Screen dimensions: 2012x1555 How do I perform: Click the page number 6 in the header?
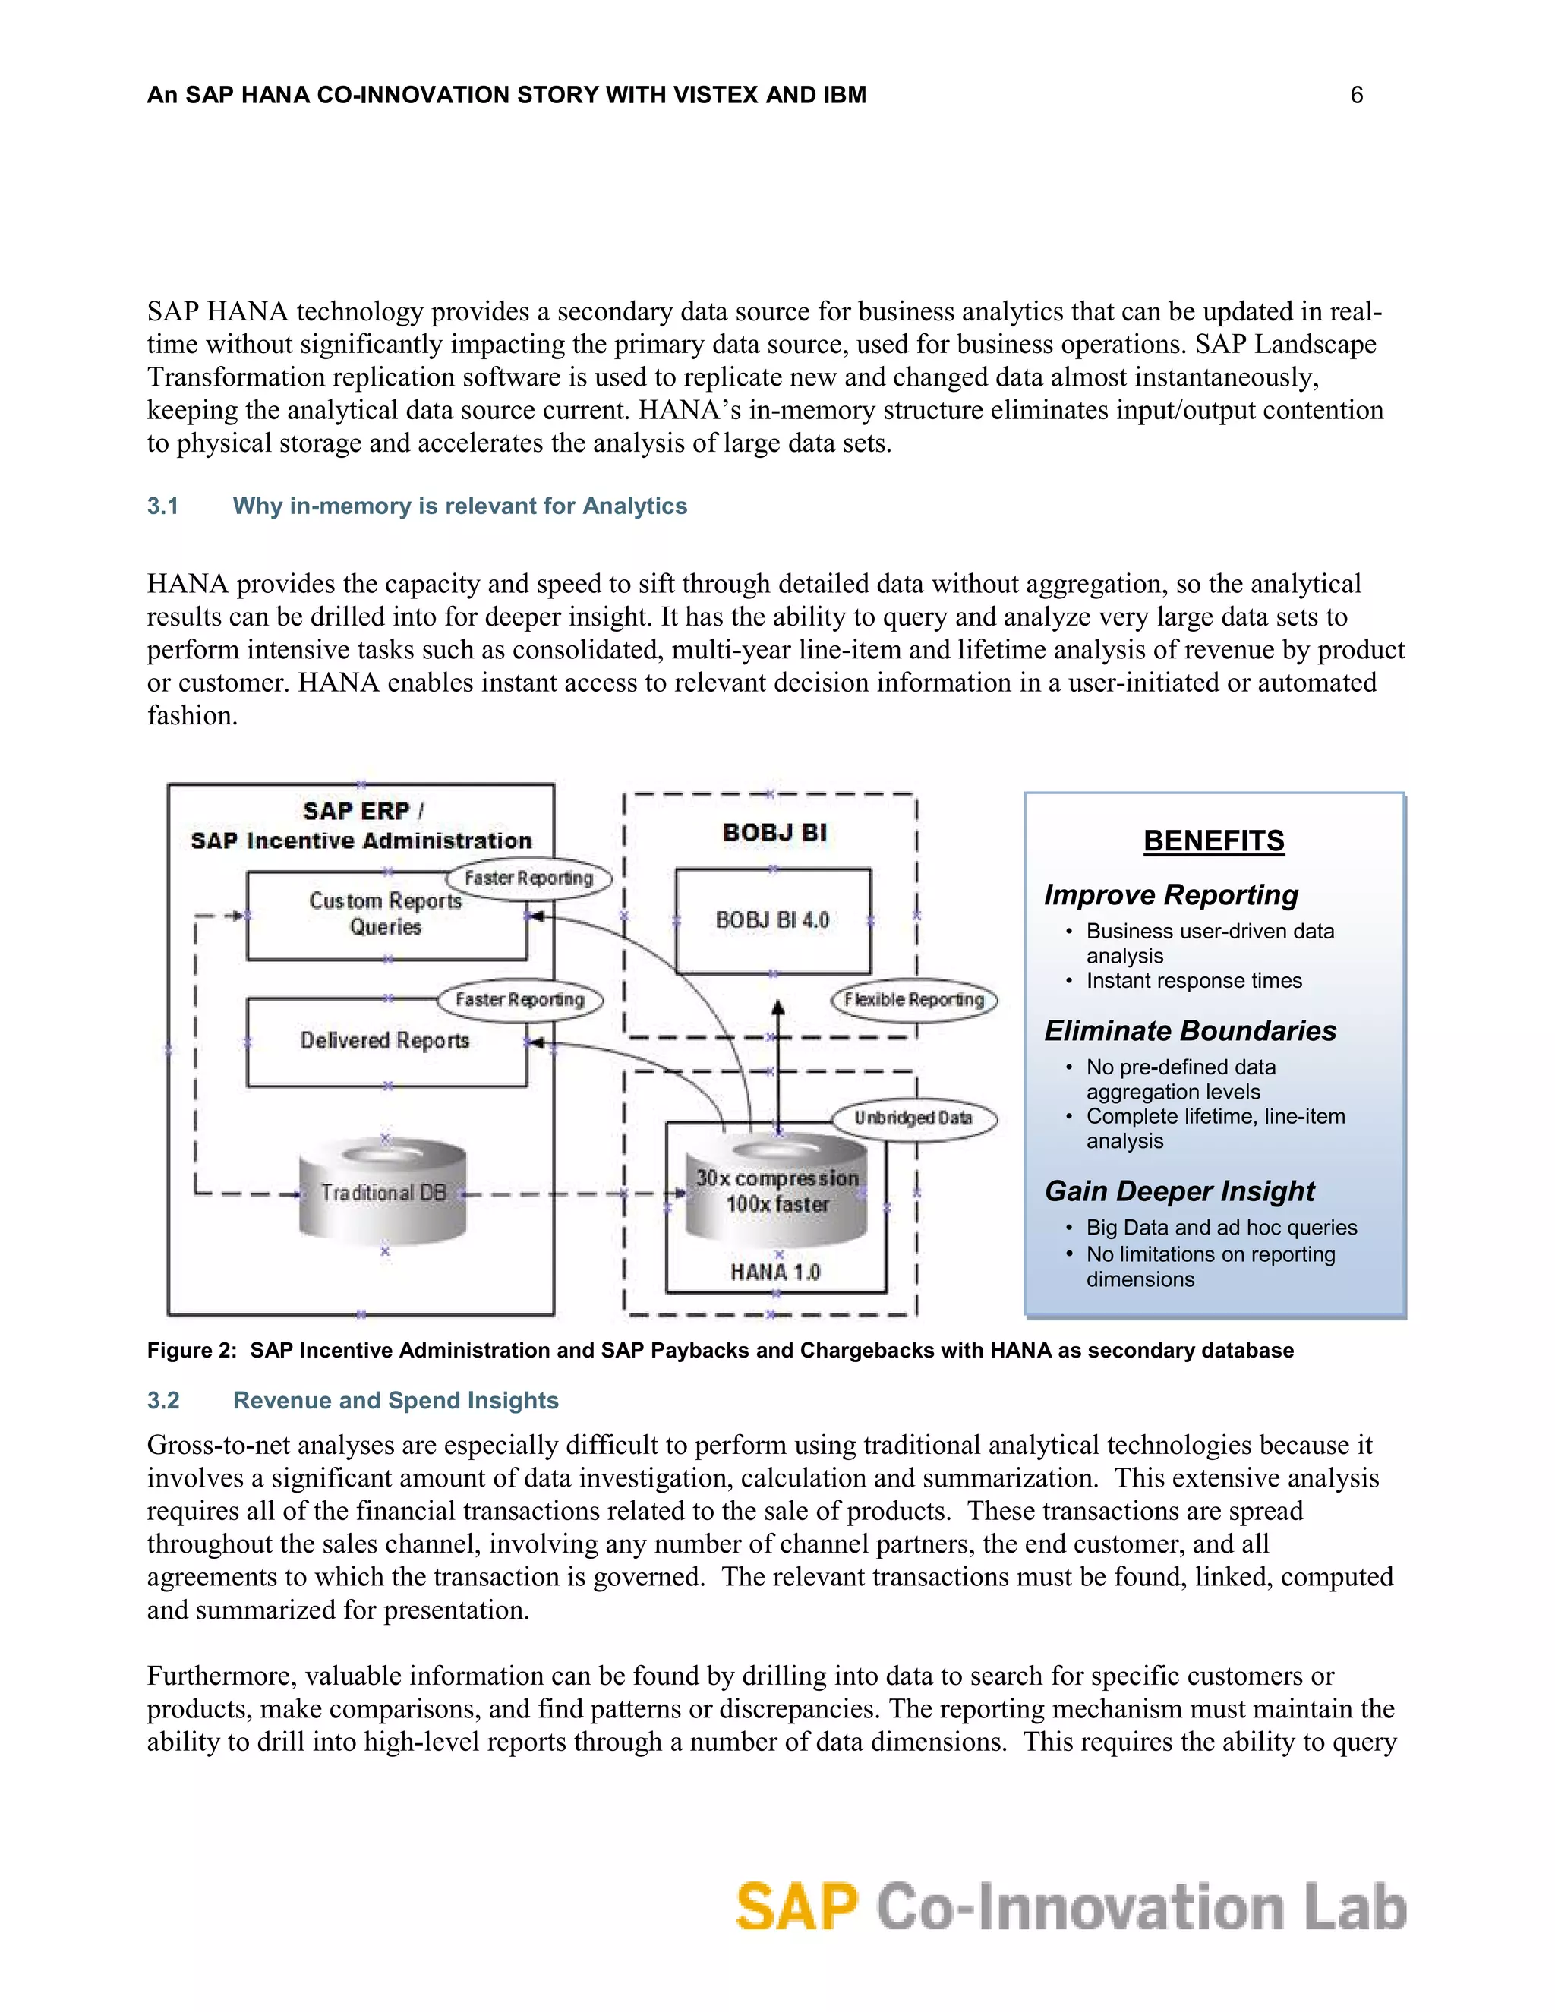pos(1356,95)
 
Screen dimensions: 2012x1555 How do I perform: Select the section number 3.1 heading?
pos(163,506)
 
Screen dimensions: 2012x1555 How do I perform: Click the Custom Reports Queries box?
pos(386,915)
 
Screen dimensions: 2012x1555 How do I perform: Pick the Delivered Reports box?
pos(386,1041)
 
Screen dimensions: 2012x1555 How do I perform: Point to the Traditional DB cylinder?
pos(383,1193)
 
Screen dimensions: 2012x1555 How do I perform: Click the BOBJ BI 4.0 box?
pos(773,920)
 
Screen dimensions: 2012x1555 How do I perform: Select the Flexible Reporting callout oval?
pos(914,1000)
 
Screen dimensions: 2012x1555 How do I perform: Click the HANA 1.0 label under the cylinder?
pos(776,1272)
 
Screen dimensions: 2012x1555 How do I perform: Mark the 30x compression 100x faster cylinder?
pos(777,1190)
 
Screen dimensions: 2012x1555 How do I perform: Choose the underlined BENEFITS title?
pos(1213,840)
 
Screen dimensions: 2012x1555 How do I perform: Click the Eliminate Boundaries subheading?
pos(1189,1030)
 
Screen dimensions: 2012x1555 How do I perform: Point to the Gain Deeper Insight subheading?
pos(1179,1191)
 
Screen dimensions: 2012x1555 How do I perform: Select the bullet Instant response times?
pos(1194,980)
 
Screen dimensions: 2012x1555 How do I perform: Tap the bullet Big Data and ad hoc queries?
pos(1222,1227)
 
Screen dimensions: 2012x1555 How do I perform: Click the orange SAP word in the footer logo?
pos(796,1907)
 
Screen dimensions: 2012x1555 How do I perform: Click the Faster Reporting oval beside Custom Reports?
pos(528,878)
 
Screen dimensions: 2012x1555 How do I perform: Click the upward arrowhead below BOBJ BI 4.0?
pos(778,1008)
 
